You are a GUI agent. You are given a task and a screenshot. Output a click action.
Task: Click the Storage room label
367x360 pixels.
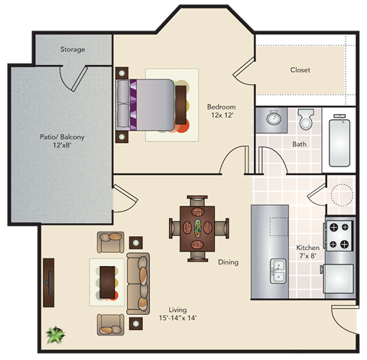[73, 50]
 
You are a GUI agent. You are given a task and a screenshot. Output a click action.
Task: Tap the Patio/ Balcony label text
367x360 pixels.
[62, 141]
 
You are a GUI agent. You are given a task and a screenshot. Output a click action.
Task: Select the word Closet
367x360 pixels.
[300, 70]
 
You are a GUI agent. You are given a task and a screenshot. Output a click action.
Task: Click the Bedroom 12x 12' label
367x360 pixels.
[221, 111]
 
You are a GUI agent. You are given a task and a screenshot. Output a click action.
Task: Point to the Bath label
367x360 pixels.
[300, 144]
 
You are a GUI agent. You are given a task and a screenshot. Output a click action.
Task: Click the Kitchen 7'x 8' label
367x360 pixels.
[308, 252]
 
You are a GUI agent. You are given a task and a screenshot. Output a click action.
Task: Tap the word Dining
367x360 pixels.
[228, 262]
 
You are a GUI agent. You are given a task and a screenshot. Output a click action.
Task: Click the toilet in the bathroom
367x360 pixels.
[306, 119]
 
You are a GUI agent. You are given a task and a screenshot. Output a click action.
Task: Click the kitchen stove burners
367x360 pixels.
[339, 235]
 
